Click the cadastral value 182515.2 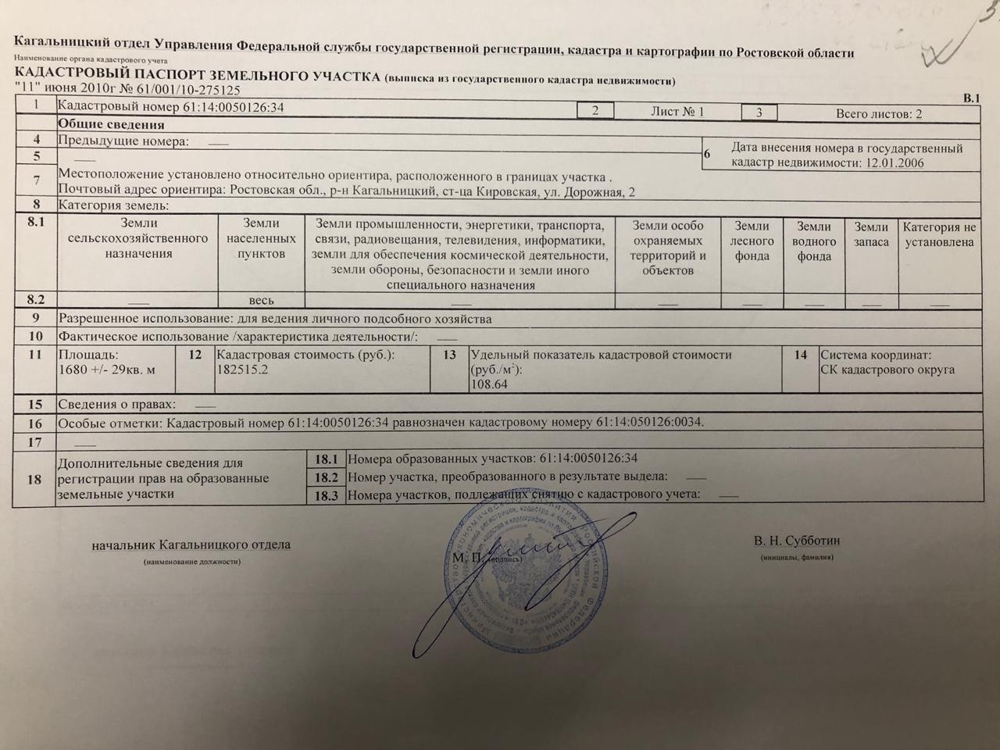tap(242, 370)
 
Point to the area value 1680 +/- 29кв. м tap(107, 370)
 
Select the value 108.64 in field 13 tap(488, 384)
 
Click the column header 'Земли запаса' tap(871, 234)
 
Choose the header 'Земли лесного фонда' tap(752, 241)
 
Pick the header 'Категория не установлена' tap(939, 234)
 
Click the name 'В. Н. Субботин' tap(797, 541)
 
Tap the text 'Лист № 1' tap(677, 112)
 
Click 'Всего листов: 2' tap(879, 113)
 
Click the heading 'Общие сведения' tap(111, 124)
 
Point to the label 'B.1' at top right tap(971, 98)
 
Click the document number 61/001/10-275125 tap(177, 90)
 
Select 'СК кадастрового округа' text tap(887, 370)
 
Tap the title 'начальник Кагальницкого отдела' tap(191, 544)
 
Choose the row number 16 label tap(34, 423)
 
